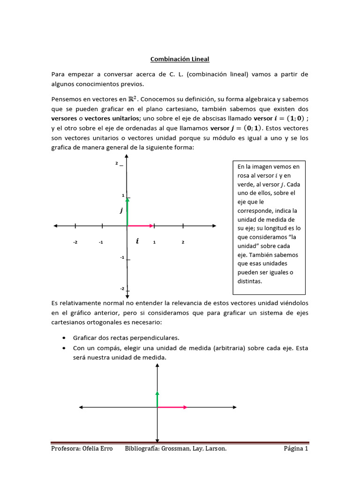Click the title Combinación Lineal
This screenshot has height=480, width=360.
(180, 59)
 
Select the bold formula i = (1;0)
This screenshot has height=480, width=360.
(280, 118)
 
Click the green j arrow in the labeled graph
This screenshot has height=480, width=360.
(127, 212)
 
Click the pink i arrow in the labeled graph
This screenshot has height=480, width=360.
(140, 226)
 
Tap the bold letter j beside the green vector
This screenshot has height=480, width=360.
(121, 211)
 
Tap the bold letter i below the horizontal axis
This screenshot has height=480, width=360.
(137, 241)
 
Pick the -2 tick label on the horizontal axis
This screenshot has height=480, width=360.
(75, 242)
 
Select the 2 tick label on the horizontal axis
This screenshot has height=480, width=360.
(183, 242)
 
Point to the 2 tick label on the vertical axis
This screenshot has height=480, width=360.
(116, 163)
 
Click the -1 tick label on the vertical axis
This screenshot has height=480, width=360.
(122, 257)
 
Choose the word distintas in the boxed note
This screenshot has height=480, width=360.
(250, 281)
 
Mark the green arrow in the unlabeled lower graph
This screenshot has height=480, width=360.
(157, 397)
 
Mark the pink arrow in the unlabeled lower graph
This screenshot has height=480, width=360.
(172, 407)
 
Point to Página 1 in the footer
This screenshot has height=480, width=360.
(296, 449)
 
